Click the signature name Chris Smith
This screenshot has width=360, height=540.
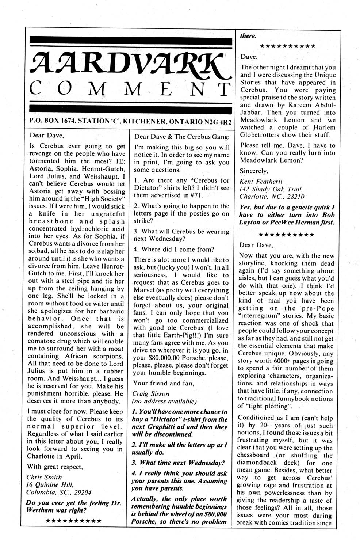click(44, 477)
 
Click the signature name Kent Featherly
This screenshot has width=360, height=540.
click(261, 181)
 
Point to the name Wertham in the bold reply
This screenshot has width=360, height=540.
click(41, 510)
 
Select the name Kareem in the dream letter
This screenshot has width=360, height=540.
click(306, 105)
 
